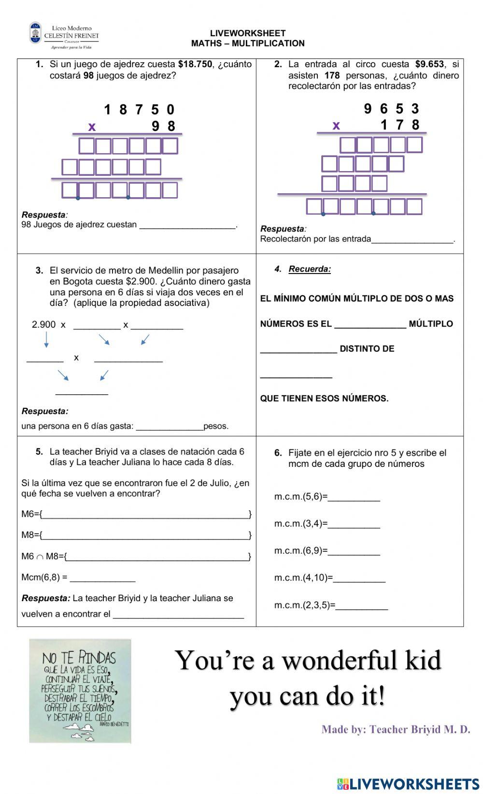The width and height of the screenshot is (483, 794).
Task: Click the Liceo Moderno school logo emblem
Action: coord(36,33)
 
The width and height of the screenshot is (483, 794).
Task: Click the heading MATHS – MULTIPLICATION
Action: coord(247,43)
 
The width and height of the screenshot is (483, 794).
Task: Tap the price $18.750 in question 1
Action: coord(195,64)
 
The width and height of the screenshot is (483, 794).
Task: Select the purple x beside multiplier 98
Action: coord(92,127)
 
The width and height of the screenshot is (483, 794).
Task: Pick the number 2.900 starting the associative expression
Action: coord(43,325)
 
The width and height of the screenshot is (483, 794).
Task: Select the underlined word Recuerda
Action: coord(310,269)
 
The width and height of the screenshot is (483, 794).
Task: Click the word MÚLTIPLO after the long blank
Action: coord(431,324)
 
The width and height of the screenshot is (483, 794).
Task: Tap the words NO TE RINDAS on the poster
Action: coord(79,658)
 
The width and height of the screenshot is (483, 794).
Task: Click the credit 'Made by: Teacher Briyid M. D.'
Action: coord(396,729)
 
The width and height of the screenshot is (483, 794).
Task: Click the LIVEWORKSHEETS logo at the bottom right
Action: coord(408,783)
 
